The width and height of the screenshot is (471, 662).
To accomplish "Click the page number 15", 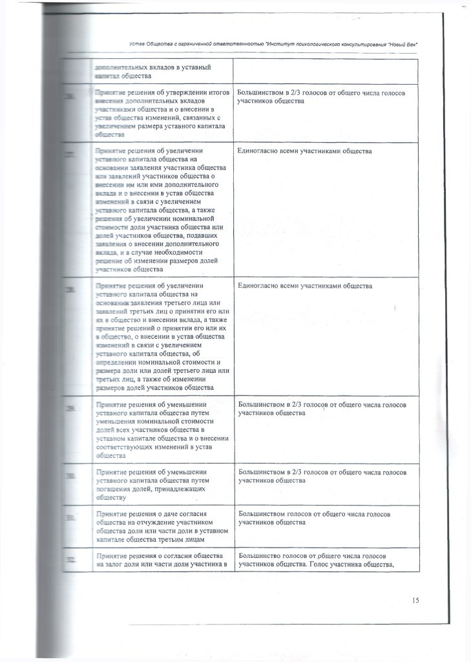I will [x=415, y=601].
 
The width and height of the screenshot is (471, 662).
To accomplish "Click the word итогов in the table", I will [x=218, y=93].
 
